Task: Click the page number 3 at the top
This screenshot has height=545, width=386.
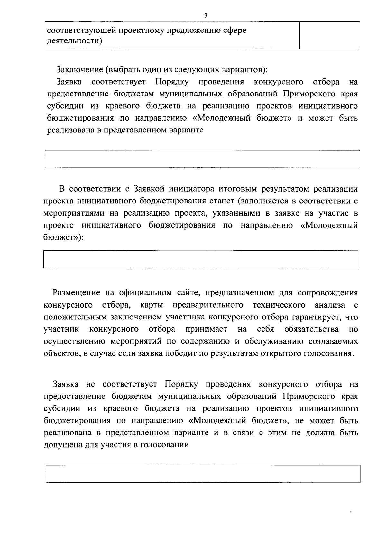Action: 205,15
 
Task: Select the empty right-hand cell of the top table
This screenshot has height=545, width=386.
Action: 329,35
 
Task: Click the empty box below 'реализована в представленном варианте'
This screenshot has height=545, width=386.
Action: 202,159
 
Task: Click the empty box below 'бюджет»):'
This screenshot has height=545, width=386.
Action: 201,259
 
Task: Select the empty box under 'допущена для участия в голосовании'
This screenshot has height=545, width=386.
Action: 203,474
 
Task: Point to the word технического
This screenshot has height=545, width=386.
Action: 279,305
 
